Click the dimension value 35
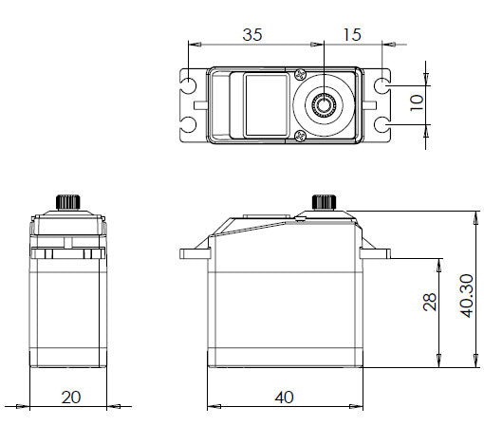[x=251, y=35]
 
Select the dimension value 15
[x=350, y=35]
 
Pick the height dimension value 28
[x=430, y=301]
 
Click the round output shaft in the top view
[x=326, y=103]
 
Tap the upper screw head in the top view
[x=300, y=76]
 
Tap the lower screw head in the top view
[x=300, y=134]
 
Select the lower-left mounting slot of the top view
[x=192, y=123]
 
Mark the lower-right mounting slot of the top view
[x=382, y=123]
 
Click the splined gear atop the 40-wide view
[x=325, y=202]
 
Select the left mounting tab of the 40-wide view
[x=194, y=253]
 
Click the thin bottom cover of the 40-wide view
[x=284, y=363]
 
